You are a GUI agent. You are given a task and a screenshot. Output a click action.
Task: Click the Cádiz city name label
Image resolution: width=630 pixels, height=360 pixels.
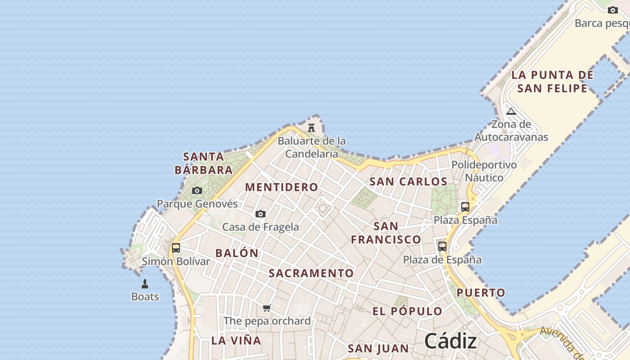(450, 341)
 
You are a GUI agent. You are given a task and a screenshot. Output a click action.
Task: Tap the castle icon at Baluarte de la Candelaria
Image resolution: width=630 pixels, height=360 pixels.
(311, 128)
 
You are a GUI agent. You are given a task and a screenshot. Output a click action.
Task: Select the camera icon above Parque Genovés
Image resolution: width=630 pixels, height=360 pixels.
(197, 191)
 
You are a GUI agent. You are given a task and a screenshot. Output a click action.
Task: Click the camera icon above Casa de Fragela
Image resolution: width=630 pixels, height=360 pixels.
(261, 214)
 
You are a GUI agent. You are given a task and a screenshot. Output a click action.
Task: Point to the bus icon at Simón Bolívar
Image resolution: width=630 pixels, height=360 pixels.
(176, 248)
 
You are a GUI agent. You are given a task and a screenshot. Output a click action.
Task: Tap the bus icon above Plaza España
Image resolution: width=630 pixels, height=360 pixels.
(465, 207)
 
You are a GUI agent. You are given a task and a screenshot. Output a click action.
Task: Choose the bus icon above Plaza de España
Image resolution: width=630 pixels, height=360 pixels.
(442, 247)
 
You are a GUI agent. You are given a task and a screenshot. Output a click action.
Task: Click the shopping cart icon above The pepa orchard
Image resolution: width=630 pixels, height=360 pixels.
(267, 308)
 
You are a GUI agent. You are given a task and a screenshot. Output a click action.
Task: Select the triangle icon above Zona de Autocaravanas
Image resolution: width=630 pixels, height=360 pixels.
(511, 111)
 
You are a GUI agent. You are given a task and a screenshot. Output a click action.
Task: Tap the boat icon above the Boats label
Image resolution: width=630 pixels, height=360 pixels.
(145, 284)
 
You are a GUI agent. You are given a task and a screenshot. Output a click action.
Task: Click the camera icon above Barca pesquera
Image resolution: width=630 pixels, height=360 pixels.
(613, 10)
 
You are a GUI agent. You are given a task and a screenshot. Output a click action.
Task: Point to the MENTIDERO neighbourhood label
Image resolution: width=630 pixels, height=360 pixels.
(282, 187)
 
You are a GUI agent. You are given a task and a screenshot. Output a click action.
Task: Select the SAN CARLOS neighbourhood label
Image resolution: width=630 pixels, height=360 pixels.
(408, 182)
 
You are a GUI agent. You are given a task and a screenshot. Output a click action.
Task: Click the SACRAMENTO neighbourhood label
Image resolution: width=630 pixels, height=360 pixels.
(311, 273)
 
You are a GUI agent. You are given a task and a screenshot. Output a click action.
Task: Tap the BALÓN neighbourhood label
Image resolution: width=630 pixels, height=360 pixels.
(237, 253)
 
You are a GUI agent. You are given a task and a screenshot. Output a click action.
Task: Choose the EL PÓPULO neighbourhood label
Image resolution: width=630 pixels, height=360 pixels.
(408, 311)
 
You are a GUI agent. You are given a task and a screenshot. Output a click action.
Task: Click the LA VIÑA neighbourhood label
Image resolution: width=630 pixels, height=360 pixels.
(236, 341)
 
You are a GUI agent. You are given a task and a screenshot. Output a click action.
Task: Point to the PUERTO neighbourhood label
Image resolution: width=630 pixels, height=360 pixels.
(481, 293)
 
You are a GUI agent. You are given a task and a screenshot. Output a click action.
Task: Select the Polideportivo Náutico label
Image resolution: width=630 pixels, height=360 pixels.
(484, 171)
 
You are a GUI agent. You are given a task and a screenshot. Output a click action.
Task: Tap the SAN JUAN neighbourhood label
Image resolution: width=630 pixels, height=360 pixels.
(378, 348)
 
